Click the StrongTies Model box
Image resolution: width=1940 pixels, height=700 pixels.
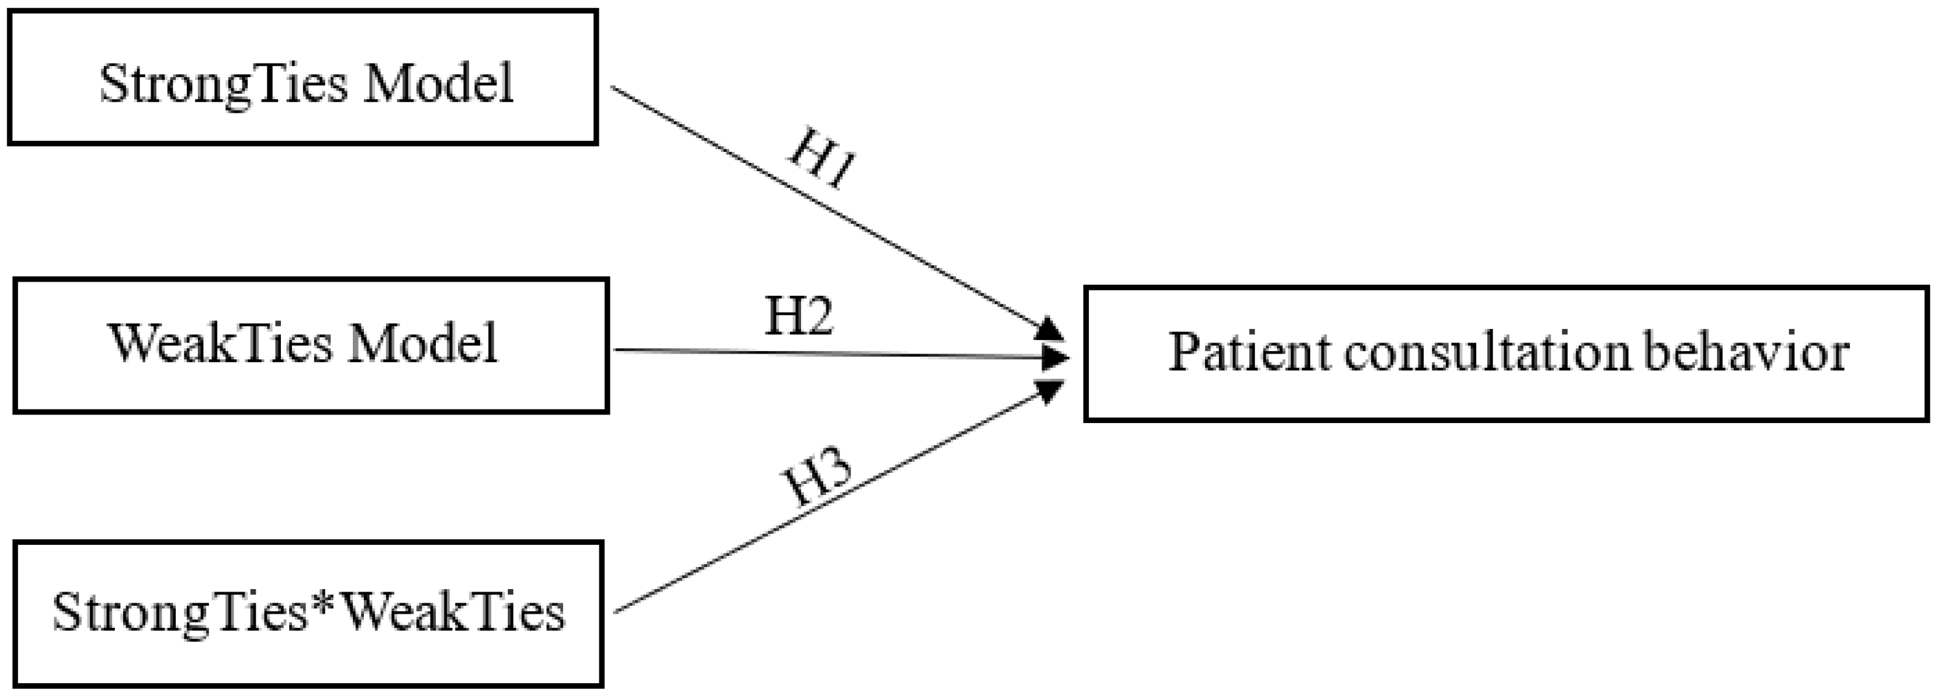[303, 77]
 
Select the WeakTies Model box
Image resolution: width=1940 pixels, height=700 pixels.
[310, 346]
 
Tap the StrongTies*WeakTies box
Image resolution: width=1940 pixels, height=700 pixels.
[308, 613]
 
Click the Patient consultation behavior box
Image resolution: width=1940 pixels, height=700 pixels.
[1506, 354]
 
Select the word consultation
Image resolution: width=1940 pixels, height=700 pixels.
[1487, 352]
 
